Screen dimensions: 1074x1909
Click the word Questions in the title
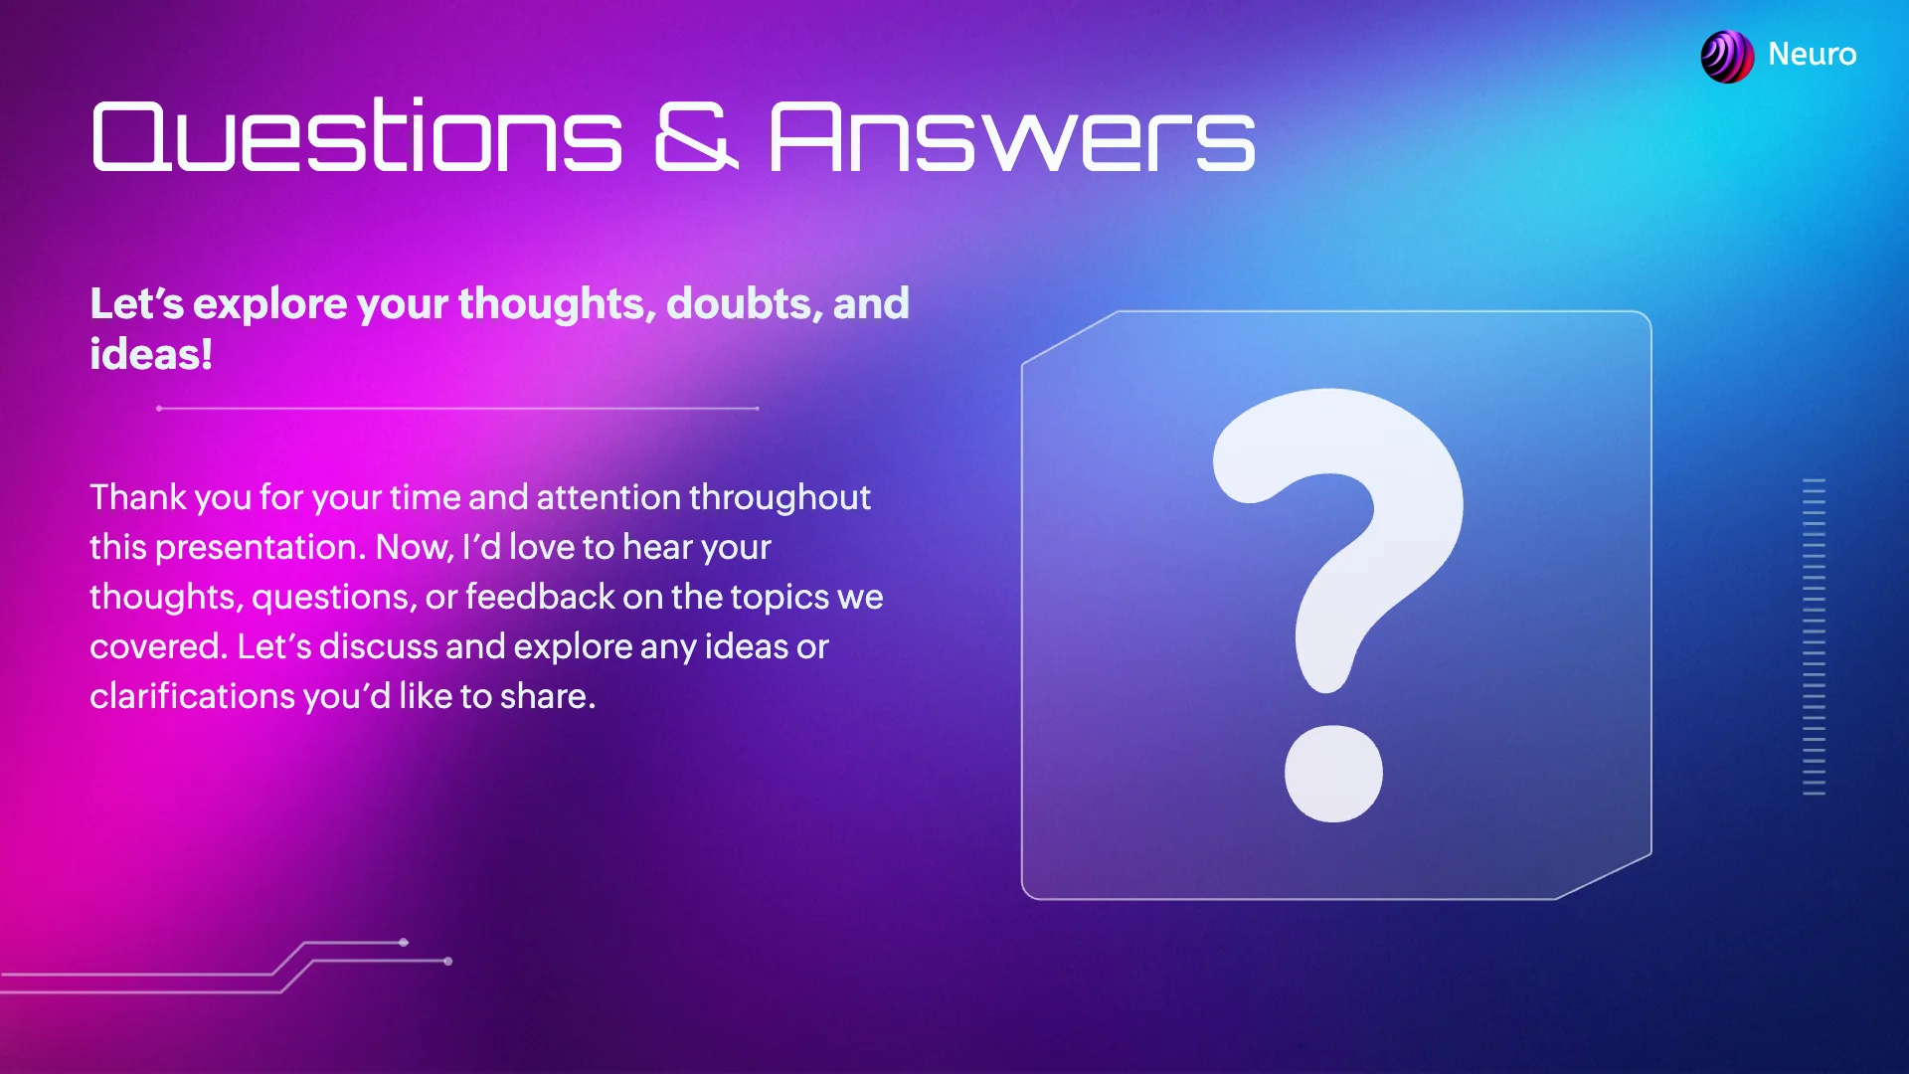coord(356,136)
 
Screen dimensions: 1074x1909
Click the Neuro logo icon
coord(1727,56)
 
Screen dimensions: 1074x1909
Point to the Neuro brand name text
coord(1812,55)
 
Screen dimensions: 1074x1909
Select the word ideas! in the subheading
coord(151,355)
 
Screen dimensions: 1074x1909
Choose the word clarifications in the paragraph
coord(192,696)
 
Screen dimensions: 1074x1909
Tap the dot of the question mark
coord(1333,774)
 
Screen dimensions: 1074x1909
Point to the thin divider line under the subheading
coord(457,408)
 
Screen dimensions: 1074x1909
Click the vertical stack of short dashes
coord(1814,636)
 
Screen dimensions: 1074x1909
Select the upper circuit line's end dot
coord(404,942)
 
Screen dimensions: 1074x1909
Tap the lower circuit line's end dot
coord(448,961)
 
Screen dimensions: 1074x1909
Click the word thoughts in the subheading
coord(557,303)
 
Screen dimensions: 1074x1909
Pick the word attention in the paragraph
coord(608,497)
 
